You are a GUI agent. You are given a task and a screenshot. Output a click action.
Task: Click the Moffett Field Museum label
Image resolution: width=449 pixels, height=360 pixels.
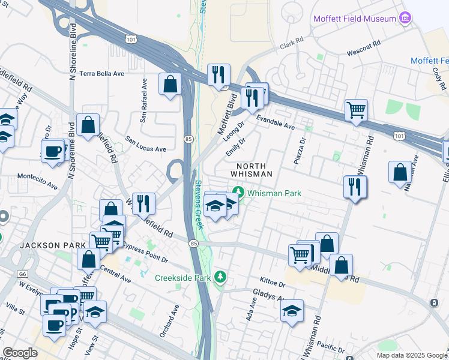point(354,19)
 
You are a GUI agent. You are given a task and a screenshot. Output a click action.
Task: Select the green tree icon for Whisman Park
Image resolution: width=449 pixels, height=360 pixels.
point(240,193)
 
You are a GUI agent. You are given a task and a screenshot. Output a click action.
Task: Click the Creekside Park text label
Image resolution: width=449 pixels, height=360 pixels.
point(183,278)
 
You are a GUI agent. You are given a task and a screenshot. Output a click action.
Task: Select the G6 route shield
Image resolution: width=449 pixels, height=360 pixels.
point(22,274)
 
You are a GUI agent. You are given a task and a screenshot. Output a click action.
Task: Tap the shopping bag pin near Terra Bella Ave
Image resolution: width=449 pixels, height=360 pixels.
point(170,84)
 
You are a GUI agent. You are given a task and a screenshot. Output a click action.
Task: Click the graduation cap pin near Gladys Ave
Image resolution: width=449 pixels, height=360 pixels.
point(292,311)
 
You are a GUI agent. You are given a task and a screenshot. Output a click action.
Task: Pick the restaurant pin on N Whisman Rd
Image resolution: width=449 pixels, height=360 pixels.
point(355,187)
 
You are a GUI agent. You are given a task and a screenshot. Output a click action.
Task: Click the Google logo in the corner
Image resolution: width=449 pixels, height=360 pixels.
point(20,353)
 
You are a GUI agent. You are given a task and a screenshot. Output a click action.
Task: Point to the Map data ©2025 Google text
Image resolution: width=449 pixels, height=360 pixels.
point(411,355)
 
